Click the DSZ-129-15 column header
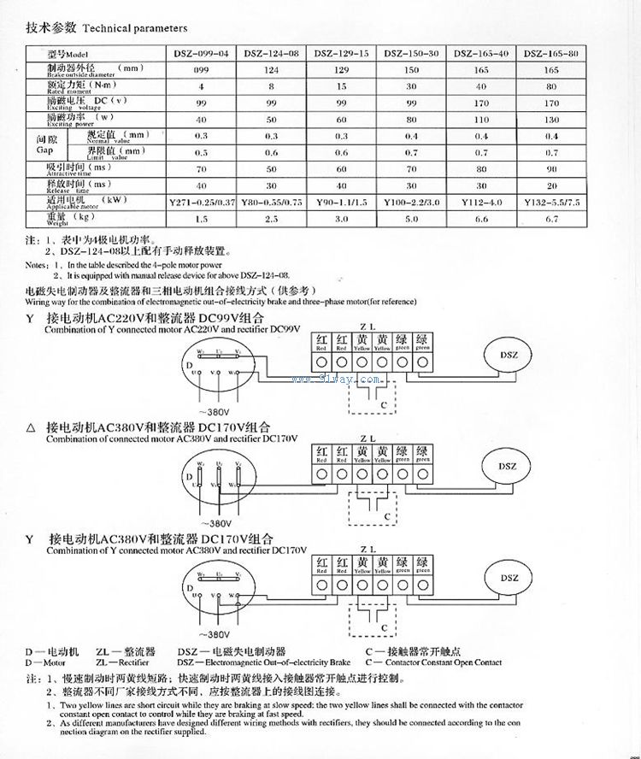(x=343, y=53)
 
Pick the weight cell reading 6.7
(x=551, y=219)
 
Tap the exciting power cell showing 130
(x=551, y=119)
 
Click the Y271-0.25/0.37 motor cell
(x=202, y=203)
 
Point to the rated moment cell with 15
(x=343, y=85)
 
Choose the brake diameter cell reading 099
(x=202, y=69)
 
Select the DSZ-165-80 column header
(x=551, y=53)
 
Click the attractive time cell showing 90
(x=551, y=169)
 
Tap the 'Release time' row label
(x=79, y=185)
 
